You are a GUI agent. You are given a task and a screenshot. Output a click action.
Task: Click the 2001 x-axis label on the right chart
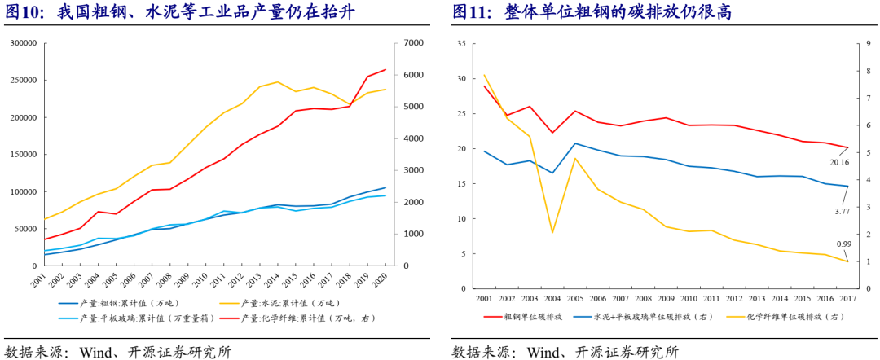point(484,298)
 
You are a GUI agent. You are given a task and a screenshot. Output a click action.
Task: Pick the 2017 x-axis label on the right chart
point(847,298)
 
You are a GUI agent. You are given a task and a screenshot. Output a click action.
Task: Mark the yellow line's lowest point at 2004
point(552,233)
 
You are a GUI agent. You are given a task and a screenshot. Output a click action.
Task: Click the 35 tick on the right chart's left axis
point(461,43)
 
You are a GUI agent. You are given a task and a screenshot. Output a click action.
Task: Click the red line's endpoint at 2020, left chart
point(385,70)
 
